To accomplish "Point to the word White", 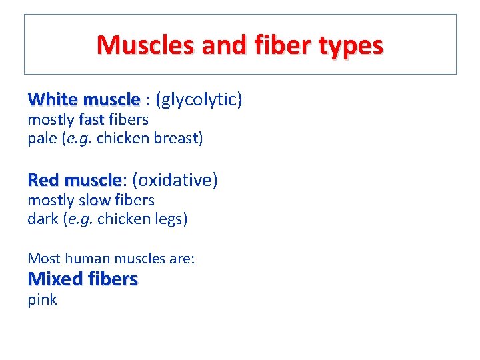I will click(x=53, y=100).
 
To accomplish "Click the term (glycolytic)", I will click(x=199, y=100).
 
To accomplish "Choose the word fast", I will click(x=91, y=120).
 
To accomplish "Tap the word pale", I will click(x=43, y=139).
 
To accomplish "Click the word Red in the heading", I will click(x=43, y=180).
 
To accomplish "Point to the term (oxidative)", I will click(x=175, y=180).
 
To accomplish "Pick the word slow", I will click(x=95, y=200).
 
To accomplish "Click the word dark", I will click(x=43, y=219).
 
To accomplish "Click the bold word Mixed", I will click(x=55, y=279).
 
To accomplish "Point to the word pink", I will click(x=42, y=300).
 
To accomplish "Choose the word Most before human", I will click(x=42, y=259).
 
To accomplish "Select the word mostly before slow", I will click(x=51, y=200).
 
